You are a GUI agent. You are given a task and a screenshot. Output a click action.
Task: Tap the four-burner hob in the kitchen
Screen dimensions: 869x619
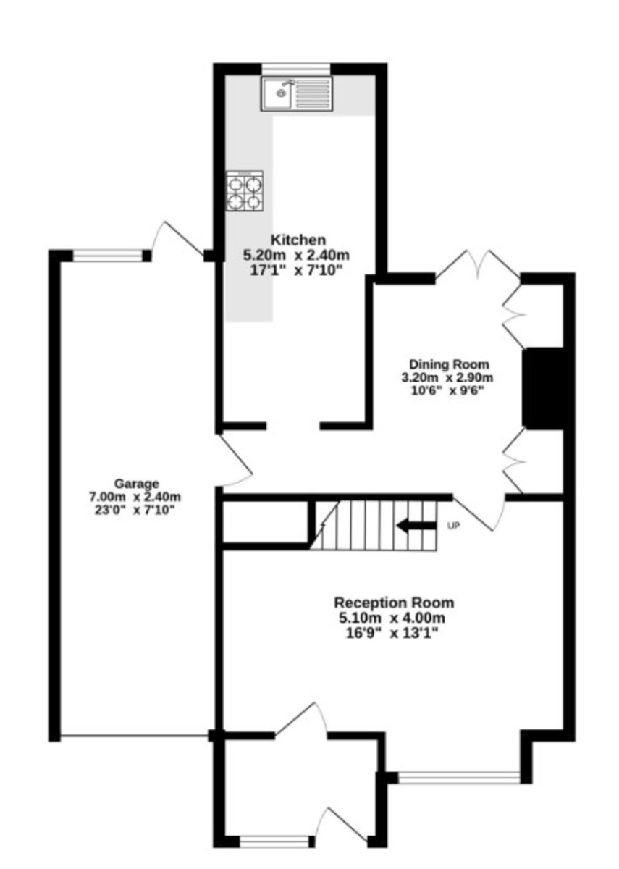click(244, 192)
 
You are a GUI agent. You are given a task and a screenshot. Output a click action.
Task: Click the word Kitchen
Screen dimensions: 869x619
click(298, 240)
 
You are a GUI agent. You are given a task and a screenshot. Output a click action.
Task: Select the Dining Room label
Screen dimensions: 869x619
click(449, 364)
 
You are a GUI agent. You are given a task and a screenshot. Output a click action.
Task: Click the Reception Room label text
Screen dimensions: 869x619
click(394, 603)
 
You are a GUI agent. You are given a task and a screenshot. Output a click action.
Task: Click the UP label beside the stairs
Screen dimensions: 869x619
click(454, 526)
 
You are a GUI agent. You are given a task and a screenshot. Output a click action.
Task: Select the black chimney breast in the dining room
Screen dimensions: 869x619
click(543, 389)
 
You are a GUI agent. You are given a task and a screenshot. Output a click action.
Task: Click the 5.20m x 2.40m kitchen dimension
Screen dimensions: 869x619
click(297, 255)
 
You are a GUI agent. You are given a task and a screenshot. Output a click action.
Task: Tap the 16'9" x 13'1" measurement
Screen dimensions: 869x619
click(394, 633)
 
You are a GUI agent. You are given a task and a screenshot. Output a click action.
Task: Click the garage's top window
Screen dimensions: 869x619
click(109, 255)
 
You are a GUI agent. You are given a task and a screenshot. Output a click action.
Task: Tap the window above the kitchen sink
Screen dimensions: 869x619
click(296, 68)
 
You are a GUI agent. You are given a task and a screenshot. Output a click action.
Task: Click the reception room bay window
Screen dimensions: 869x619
click(459, 778)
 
